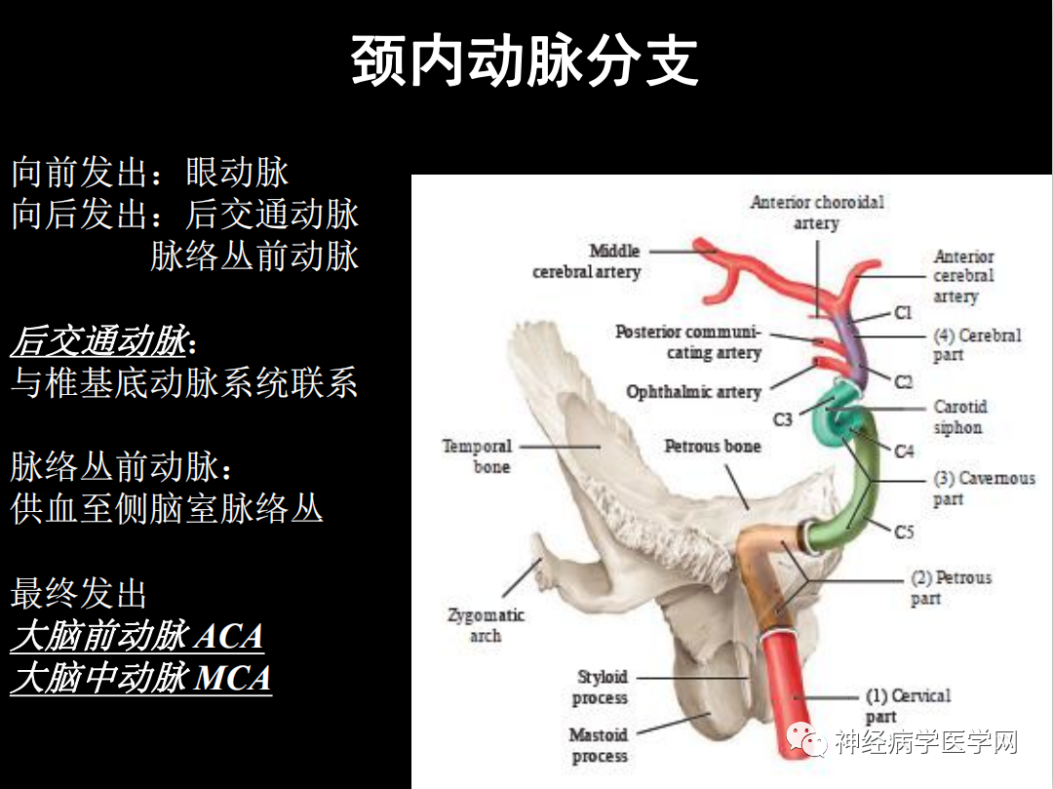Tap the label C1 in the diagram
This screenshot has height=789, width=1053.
[x=903, y=313]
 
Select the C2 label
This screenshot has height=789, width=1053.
[x=903, y=381]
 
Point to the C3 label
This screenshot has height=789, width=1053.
[x=783, y=419]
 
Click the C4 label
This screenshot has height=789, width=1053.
[x=904, y=452]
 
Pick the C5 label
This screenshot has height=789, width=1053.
[x=904, y=533]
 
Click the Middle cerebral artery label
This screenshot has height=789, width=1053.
[x=587, y=261]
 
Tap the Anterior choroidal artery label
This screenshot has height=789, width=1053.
[x=817, y=213]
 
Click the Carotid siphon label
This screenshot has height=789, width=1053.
[x=959, y=417]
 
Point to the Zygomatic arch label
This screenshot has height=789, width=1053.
[x=486, y=625]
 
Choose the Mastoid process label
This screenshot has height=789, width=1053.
[x=599, y=745]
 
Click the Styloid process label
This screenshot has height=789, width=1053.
[x=601, y=687]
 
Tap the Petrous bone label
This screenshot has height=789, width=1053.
[x=712, y=447]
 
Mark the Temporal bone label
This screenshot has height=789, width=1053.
[x=477, y=456]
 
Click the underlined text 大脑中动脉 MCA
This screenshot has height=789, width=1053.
[x=140, y=678]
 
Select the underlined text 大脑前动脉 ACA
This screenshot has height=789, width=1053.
[x=136, y=637]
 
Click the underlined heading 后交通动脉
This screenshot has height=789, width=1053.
[x=98, y=342]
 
